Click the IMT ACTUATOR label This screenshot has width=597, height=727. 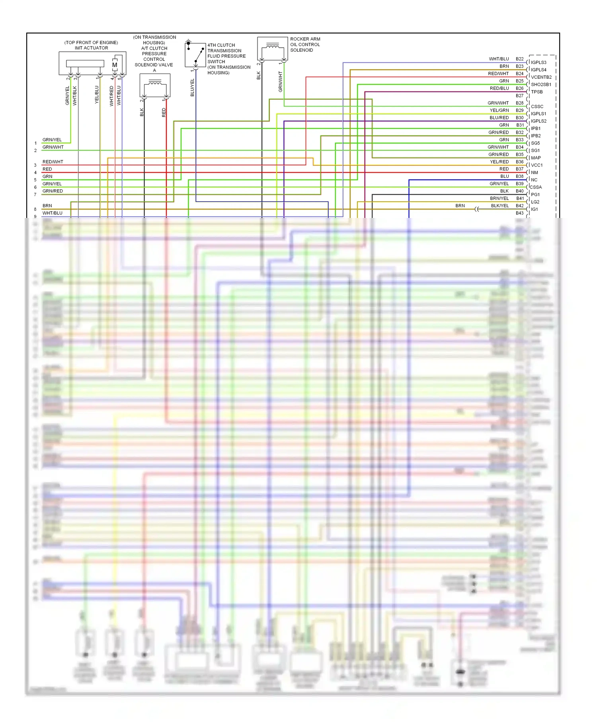(91, 48)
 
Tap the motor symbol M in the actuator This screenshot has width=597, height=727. (115, 65)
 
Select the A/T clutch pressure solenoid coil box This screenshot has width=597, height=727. (155, 85)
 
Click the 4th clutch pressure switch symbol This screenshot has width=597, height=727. (195, 54)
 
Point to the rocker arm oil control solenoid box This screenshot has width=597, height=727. (272, 49)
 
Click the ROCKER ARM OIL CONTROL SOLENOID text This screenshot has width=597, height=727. (305, 45)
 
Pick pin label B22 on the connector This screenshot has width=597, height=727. (519, 59)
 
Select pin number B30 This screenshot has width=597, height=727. (519, 118)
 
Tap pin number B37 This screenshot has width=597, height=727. (519, 169)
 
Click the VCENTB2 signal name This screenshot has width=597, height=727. (541, 77)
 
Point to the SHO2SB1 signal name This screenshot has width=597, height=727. (541, 85)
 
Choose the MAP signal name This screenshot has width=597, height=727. (536, 158)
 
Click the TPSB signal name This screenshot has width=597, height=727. (537, 92)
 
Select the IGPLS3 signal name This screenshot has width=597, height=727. (538, 62)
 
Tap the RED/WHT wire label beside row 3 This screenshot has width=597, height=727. (53, 162)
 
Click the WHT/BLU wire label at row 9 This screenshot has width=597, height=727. (53, 213)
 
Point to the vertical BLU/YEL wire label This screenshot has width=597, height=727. (193, 87)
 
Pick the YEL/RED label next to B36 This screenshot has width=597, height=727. (499, 162)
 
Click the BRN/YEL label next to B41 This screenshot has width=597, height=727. (499, 198)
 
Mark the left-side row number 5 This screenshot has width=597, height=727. (35, 180)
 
